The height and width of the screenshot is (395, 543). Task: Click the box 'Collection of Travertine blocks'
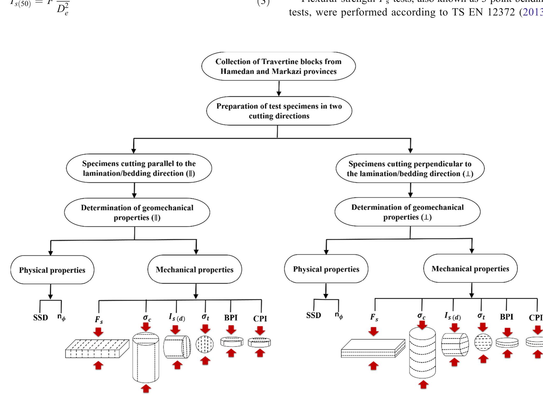[x=278, y=66]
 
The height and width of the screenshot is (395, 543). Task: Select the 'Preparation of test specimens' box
[x=279, y=111]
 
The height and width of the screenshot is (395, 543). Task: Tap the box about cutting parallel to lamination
[x=139, y=168]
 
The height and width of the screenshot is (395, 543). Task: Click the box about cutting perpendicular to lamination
[x=410, y=168]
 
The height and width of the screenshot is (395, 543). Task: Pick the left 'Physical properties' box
[x=52, y=270]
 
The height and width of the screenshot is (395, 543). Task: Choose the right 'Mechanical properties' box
[x=470, y=268]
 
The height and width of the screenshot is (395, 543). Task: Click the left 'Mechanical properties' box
[x=194, y=270]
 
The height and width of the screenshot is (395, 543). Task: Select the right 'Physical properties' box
[x=326, y=269]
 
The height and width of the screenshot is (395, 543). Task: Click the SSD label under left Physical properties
[x=41, y=318]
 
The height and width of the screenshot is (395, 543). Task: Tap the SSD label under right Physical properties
[x=313, y=315]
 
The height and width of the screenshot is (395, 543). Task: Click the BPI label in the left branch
[x=231, y=318]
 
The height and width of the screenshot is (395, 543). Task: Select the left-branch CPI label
[x=260, y=318]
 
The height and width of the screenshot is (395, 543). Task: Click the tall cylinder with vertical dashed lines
[x=146, y=358]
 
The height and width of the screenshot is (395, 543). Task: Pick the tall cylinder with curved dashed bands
[x=422, y=353]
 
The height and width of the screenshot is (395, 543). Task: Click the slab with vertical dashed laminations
[x=97, y=349]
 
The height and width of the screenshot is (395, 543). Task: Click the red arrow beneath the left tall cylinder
[x=146, y=389]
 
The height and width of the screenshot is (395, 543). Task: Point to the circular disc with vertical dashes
[x=205, y=344]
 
